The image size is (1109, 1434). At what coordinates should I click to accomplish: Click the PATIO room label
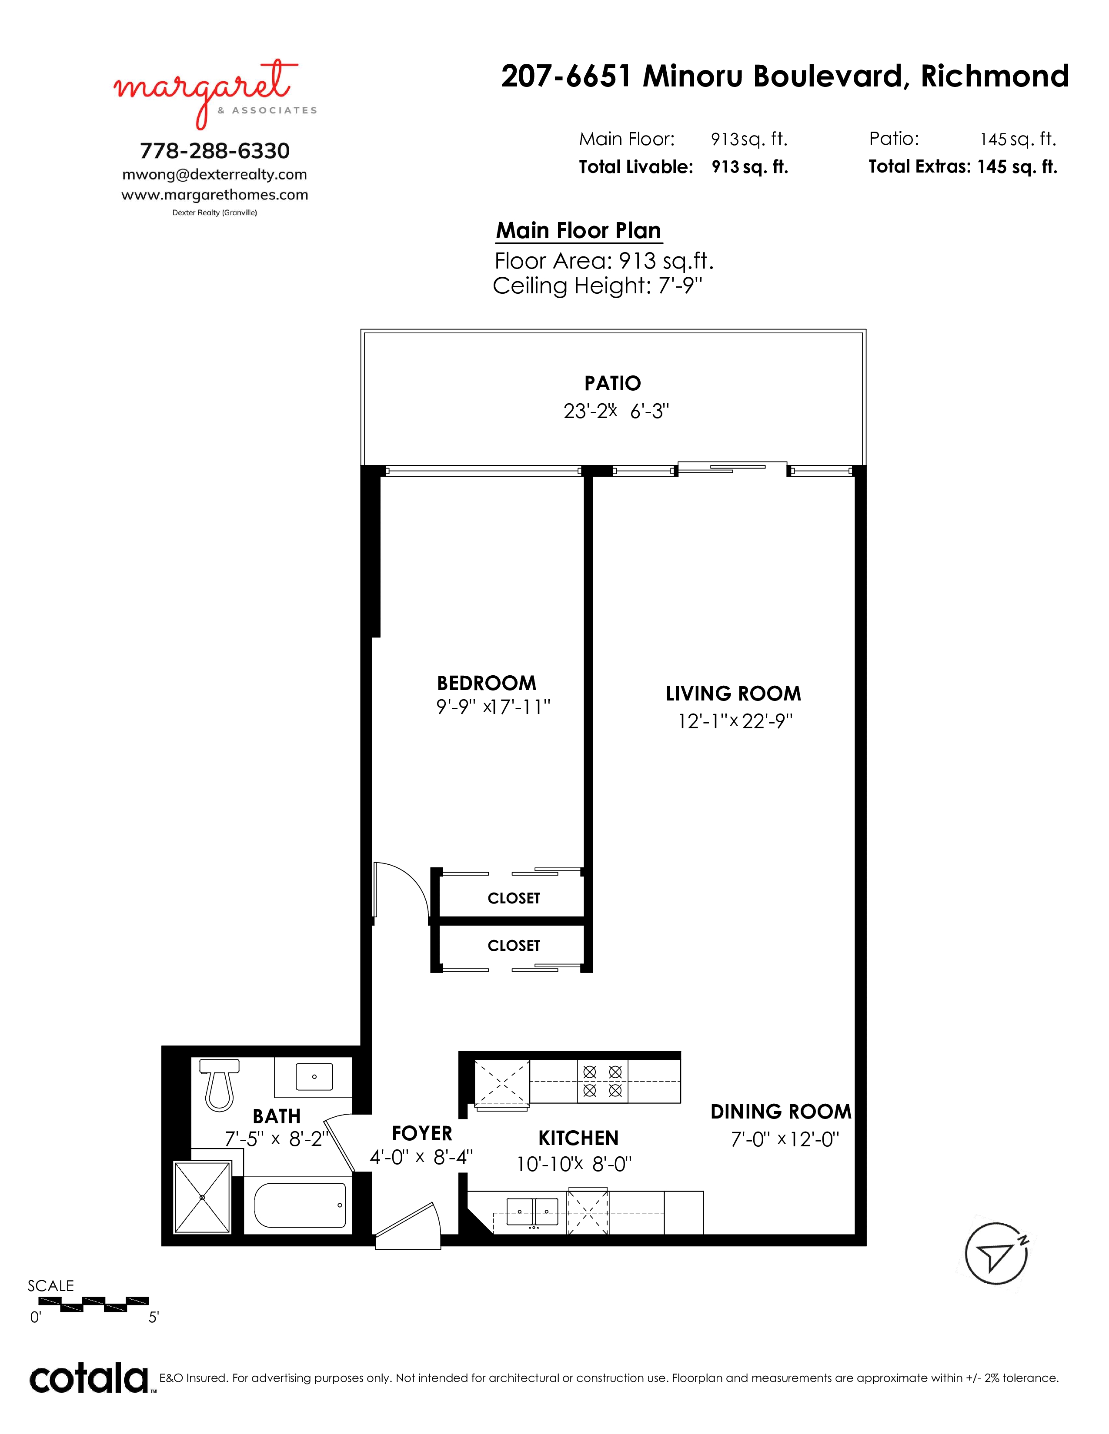612,383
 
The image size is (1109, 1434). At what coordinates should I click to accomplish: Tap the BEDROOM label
486,683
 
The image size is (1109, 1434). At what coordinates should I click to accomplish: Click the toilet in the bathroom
220,1085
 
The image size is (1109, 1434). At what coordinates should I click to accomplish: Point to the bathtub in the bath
300,1205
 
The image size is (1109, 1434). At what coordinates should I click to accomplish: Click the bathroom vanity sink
314,1077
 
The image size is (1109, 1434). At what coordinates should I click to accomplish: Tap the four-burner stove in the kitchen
602,1081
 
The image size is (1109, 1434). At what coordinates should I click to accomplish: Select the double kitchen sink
533,1212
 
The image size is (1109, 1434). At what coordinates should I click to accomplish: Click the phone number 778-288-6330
215,151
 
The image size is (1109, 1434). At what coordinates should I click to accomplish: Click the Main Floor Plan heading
578,230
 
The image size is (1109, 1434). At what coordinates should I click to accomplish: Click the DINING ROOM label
781,1112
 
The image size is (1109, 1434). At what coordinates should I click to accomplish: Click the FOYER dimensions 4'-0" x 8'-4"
421,1157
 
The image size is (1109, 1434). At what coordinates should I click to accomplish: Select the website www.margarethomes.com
215,195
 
